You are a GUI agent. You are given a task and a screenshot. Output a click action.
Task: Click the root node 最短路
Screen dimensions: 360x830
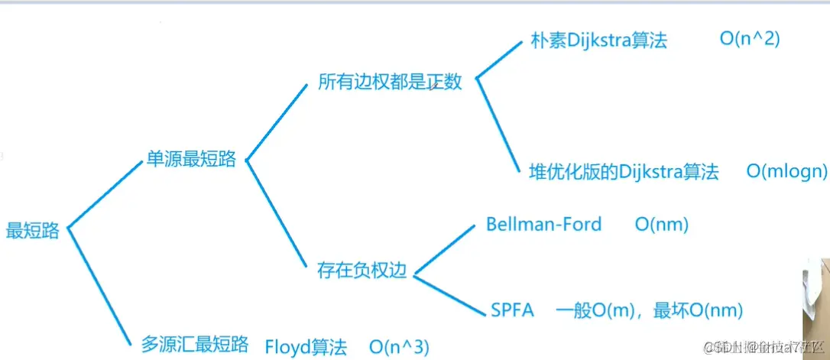pyautogui.click(x=32, y=231)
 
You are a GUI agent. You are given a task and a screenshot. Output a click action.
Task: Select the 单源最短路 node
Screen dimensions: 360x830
pyautogui.click(x=191, y=161)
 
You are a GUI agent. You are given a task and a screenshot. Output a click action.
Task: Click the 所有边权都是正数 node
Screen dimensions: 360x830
pyautogui.click(x=391, y=82)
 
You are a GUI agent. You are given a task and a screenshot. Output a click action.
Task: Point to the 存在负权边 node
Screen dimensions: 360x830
pyautogui.click(x=362, y=270)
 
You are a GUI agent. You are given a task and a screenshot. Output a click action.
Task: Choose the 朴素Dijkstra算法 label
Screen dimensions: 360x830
pyautogui.click(x=598, y=41)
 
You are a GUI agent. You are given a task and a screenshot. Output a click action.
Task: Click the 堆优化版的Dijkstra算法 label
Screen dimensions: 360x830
pyautogui.click(x=624, y=171)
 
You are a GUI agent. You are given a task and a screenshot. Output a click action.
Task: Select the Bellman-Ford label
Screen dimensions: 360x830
pyautogui.click(x=544, y=225)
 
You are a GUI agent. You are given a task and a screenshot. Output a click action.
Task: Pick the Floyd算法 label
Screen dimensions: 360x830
pyautogui.click(x=306, y=345)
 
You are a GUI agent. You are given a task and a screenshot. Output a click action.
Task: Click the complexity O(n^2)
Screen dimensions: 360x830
pyautogui.click(x=750, y=39)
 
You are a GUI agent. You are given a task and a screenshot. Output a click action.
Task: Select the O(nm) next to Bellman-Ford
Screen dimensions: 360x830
pyautogui.click(x=662, y=225)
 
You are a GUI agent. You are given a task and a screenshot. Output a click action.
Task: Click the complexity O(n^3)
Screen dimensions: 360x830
pyautogui.click(x=400, y=345)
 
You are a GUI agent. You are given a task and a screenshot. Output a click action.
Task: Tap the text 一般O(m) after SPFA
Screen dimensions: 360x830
pyautogui.click(x=591, y=310)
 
